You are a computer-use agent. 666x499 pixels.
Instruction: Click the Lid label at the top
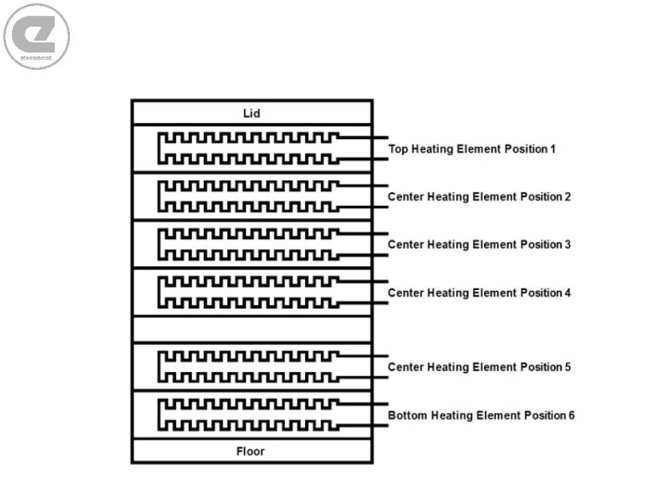pyautogui.click(x=251, y=113)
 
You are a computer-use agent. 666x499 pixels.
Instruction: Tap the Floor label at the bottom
pyautogui.click(x=251, y=451)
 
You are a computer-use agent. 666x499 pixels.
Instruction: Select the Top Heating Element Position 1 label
pyautogui.click(x=472, y=149)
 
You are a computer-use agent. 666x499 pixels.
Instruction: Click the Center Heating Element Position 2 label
pyautogui.click(x=479, y=197)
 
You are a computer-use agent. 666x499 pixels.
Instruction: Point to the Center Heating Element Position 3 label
pyautogui.click(x=479, y=245)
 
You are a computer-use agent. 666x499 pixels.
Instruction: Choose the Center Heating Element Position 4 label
pyautogui.click(x=479, y=293)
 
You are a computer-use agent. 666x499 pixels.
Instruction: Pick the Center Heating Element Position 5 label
pyautogui.click(x=479, y=368)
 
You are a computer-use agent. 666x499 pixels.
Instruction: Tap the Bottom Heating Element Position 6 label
pyautogui.click(x=482, y=416)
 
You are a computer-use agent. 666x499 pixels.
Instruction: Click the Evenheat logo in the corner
pyautogui.click(x=37, y=36)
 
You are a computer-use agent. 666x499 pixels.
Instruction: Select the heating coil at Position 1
pyautogui.click(x=248, y=148)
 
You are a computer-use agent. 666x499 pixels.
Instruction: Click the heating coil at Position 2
pyautogui.click(x=248, y=195)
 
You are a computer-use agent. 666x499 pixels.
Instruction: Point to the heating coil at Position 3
pyautogui.click(x=248, y=243)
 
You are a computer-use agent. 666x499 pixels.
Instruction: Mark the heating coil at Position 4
pyautogui.click(x=248, y=292)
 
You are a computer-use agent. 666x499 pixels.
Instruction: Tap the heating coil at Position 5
pyautogui.click(x=248, y=366)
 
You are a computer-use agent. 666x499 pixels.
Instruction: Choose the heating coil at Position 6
pyautogui.click(x=248, y=414)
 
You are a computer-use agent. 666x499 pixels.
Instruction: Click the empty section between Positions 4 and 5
pyautogui.click(x=251, y=329)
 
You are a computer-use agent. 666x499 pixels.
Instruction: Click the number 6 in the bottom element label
pyautogui.click(x=570, y=416)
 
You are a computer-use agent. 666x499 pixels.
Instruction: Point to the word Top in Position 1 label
pyautogui.click(x=399, y=149)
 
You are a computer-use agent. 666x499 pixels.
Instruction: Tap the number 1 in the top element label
pyautogui.click(x=552, y=149)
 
